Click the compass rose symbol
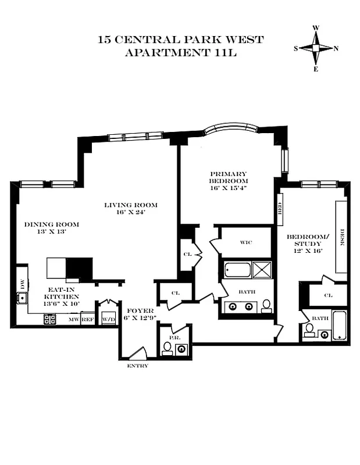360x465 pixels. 316,48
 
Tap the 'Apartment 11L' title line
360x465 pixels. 180,53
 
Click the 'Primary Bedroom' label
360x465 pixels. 229,181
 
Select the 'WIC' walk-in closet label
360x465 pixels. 245,243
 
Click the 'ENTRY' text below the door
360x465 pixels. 138,366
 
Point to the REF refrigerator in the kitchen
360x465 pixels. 87,320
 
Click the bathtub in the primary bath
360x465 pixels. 237,270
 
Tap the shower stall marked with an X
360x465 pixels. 262,270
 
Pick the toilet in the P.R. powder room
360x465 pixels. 167,348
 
